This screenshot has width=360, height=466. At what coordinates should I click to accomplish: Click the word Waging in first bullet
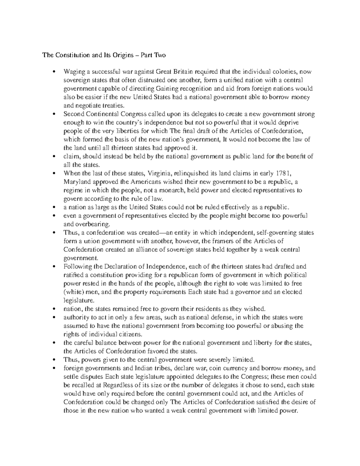[73, 72]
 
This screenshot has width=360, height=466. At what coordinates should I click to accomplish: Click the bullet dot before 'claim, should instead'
[54, 156]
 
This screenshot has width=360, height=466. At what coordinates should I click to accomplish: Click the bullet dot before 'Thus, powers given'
[54, 360]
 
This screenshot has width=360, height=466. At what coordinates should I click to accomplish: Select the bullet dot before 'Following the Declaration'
[54, 266]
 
